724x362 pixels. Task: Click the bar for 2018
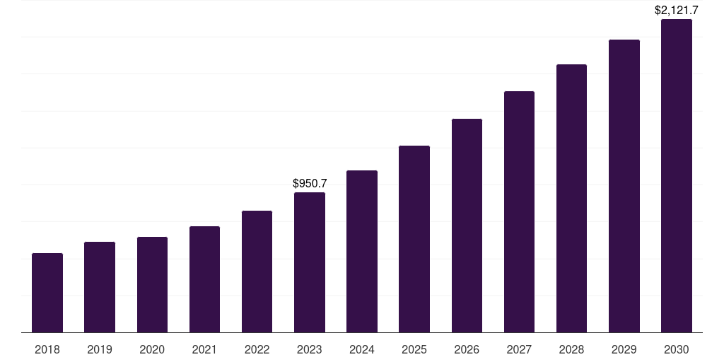pyautogui.click(x=47, y=293)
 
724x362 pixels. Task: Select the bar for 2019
pyautogui.click(x=100, y=287)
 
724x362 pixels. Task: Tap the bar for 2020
pyautogui.click(x=152, y=284)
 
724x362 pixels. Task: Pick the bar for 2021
pyautogui.click(x=204, y=279)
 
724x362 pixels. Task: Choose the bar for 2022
pyautogui.click(x=257, y=271)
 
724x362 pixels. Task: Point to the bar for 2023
pyautogui.click(x=310, y=262)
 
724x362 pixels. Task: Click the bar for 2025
pyautogui.click(x=414, y=239)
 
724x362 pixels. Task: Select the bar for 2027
pyautogui.click(x=519, y=211)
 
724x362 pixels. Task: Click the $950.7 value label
pyautogui.click(x=310, y=184)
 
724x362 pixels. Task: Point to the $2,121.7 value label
pyautogui.click(x=677, y=11)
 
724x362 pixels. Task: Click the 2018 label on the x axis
pyautogui.click(x=47, y=349)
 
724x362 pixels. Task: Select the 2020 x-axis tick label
pyautogui.click(x=152, y=349)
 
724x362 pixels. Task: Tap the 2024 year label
pyautogui.click(x=362, y=349)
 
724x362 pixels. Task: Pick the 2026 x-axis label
pyautogui.click(x=467, y=349)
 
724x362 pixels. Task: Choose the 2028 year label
pyautogui.click(x=571, y=349)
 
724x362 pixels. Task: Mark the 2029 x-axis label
pyautogui.click(x=624, y=349)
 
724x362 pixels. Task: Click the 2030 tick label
pyautogui.click(x=677, y=349)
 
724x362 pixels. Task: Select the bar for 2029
pyautogui.click(x=624, y=186)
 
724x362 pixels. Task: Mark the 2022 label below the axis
pyautogui.click(x=257, y=349)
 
